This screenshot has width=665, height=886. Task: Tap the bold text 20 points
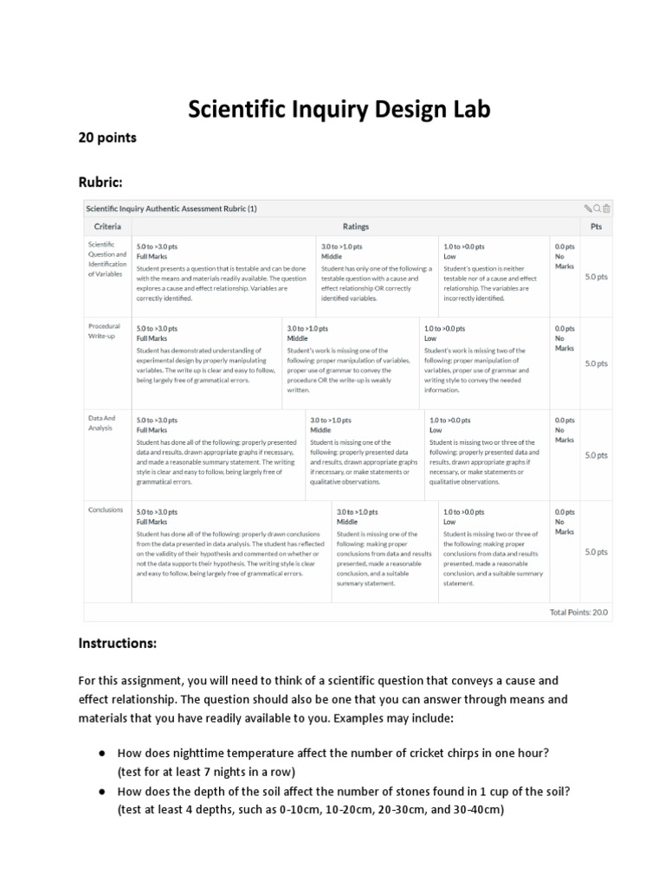coord(107,138)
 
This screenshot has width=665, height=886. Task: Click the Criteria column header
coord(107,227)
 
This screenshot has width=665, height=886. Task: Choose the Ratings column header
coord(355,227)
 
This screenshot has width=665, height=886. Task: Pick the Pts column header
coord(596,227)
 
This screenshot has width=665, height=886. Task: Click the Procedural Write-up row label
coord(104,331)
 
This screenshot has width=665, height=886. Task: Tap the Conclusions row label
coord(106,510)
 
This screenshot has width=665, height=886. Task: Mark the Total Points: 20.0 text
coord(578,612)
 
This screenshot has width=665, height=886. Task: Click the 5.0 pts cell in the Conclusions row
coord(596,551)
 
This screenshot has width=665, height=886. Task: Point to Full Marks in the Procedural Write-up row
coord(152,339)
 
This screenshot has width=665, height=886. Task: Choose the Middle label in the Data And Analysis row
coord(320,430)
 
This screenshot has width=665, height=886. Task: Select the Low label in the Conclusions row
coord(449,522)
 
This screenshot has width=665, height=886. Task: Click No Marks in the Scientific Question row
coord(564,261)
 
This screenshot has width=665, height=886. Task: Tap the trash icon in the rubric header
coord(607,209)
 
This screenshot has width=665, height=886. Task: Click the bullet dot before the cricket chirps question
coord(102,753)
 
